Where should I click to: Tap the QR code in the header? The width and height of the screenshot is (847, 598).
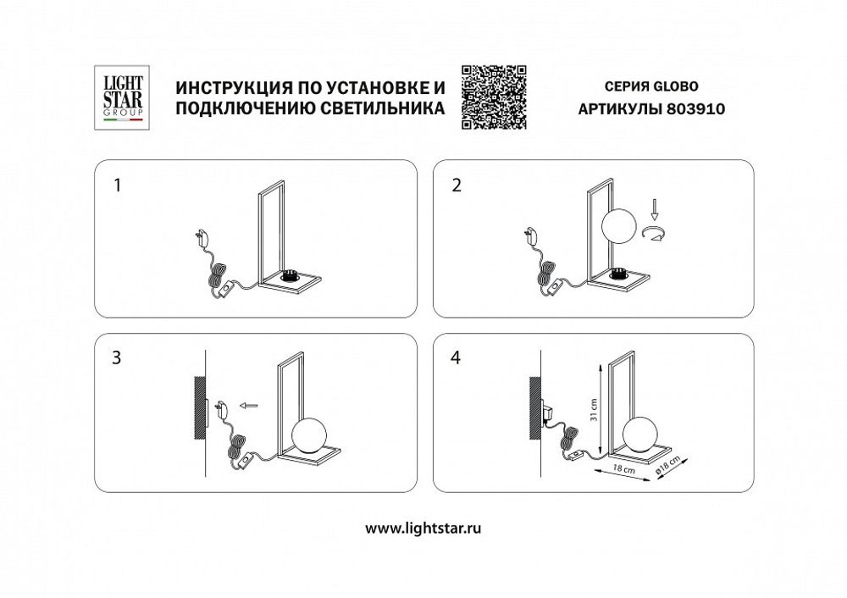(x=493, y=97)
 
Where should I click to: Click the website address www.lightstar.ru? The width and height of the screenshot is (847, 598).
(x=423, y=528)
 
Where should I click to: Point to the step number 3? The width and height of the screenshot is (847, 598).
(x=118, y=357)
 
